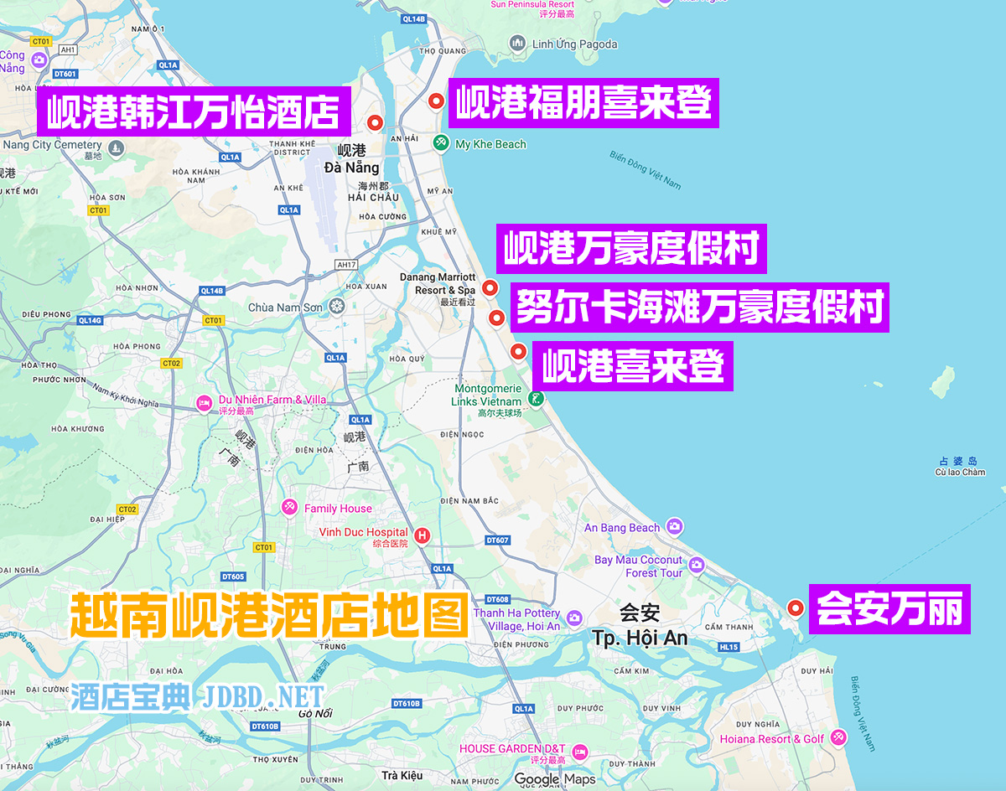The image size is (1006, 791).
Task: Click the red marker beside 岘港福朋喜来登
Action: tap(436, 101)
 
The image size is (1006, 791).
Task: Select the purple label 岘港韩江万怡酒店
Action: tap(194, 112)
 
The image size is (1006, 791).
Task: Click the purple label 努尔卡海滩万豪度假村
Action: tap(699, 307)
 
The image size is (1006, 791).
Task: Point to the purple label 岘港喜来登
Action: tap(632, 365)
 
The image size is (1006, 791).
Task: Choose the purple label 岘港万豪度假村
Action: tap(631, 248)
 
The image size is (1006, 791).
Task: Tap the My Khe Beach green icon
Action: tap(441, 144)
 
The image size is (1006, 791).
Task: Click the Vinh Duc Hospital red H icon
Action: tap(423, 535)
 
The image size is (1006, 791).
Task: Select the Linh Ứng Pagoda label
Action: tap(574, 44)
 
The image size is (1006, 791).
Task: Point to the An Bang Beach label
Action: tap(622, 528)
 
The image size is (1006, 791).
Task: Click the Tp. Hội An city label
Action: tap(640, 638)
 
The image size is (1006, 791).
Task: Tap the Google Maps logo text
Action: tap(554, 779)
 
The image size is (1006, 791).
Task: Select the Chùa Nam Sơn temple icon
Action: tap(337, 307)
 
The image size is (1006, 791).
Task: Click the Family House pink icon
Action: tap(289, 508)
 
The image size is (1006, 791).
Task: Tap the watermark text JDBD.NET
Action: tap(262, 696)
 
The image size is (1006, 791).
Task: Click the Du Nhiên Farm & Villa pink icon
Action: tap(204, 404)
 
